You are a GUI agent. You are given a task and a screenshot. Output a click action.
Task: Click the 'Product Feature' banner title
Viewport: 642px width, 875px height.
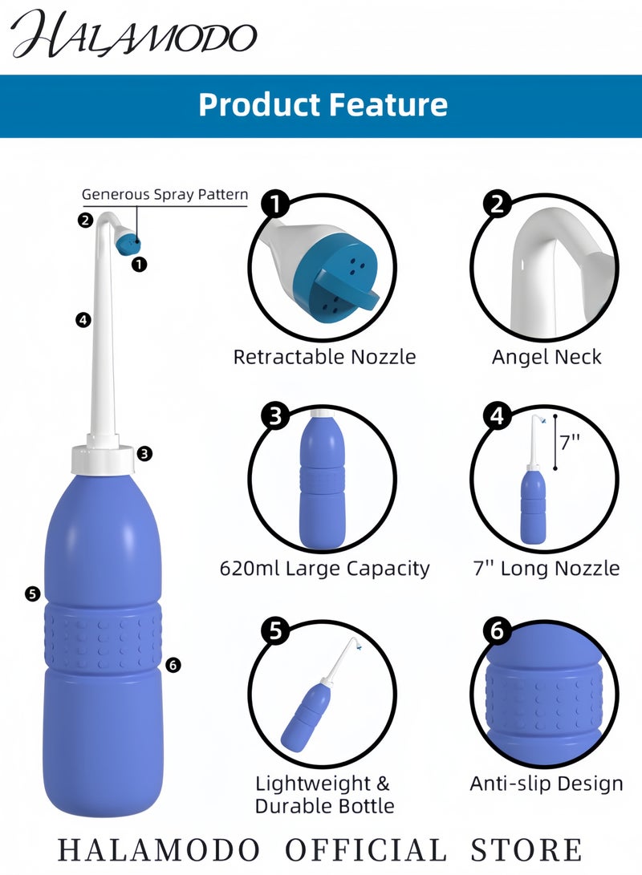tap(323, 105)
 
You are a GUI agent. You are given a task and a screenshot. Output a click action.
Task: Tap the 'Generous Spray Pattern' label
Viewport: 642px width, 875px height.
tap(165, 194)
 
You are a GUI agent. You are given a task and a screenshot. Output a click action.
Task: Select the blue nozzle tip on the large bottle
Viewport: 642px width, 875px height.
tap(127, 243)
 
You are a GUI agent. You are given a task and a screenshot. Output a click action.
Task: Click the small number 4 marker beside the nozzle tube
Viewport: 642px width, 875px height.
tap(82, 320)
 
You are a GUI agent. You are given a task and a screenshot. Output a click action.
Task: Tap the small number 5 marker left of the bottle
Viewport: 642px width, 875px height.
tap(32, 593)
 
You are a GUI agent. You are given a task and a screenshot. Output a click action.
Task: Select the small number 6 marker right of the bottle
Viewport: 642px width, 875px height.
tap(174, 664)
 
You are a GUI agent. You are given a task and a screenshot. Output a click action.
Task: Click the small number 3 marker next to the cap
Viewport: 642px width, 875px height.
tap(144, 453)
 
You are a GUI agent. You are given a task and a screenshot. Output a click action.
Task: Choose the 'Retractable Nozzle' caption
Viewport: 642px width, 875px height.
tap(324, 357)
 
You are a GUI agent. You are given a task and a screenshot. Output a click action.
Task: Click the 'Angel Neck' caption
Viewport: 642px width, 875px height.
tap(547, 357)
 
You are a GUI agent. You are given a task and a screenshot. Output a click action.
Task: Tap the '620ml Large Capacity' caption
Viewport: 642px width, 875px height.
tap(324, 569)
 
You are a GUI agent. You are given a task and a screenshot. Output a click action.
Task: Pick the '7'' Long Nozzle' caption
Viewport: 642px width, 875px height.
tap(547, 569)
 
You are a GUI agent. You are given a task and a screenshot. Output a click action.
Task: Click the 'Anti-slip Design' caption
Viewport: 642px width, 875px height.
tap(547, 784)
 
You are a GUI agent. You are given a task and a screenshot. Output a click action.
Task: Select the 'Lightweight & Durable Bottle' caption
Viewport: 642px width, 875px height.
tap(324, 794)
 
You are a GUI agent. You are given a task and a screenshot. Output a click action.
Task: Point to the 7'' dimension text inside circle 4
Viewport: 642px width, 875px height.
tap(571, 442)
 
